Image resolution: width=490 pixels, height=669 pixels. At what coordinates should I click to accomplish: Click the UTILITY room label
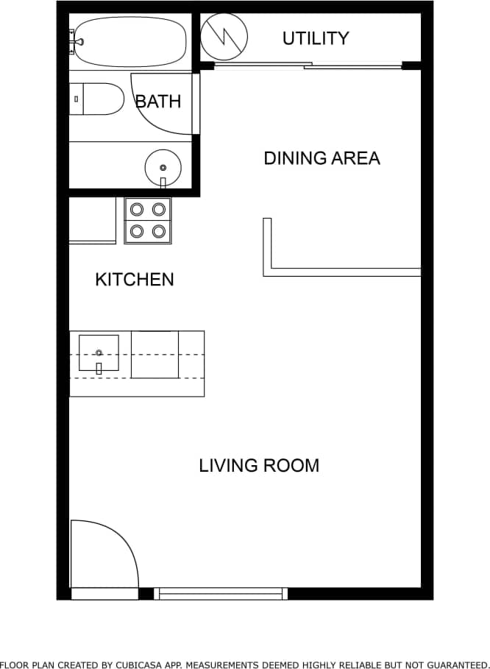(316, 38)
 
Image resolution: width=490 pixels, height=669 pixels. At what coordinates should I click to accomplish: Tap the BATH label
(158, 101)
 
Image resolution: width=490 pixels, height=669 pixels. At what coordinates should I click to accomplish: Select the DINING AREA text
(322, 158)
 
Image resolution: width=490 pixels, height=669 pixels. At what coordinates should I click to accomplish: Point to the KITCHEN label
(135, 280)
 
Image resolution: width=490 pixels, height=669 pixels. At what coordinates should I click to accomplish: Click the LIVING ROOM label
(259, 466)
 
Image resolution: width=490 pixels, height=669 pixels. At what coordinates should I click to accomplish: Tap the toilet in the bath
(99, 99)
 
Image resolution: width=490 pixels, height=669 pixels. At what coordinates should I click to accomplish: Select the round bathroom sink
(163, 166)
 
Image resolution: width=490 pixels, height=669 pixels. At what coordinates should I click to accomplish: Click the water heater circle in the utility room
(224, 37)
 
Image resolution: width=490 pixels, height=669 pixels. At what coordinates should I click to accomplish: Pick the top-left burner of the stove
(137, 209)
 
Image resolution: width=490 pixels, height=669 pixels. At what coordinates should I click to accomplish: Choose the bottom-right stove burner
(158, 231)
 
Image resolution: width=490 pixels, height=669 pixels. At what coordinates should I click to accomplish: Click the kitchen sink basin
(98, 353)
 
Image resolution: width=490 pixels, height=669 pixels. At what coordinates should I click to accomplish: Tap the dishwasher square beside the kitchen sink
(155, 355)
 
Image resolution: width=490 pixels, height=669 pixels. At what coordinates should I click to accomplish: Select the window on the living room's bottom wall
(221, 593)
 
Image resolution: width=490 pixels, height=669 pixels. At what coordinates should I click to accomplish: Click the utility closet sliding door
(308, 66)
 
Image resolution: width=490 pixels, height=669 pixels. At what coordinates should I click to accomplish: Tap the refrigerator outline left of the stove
(92, 219)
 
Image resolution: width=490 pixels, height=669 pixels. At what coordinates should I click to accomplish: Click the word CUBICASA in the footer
(159, 664)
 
